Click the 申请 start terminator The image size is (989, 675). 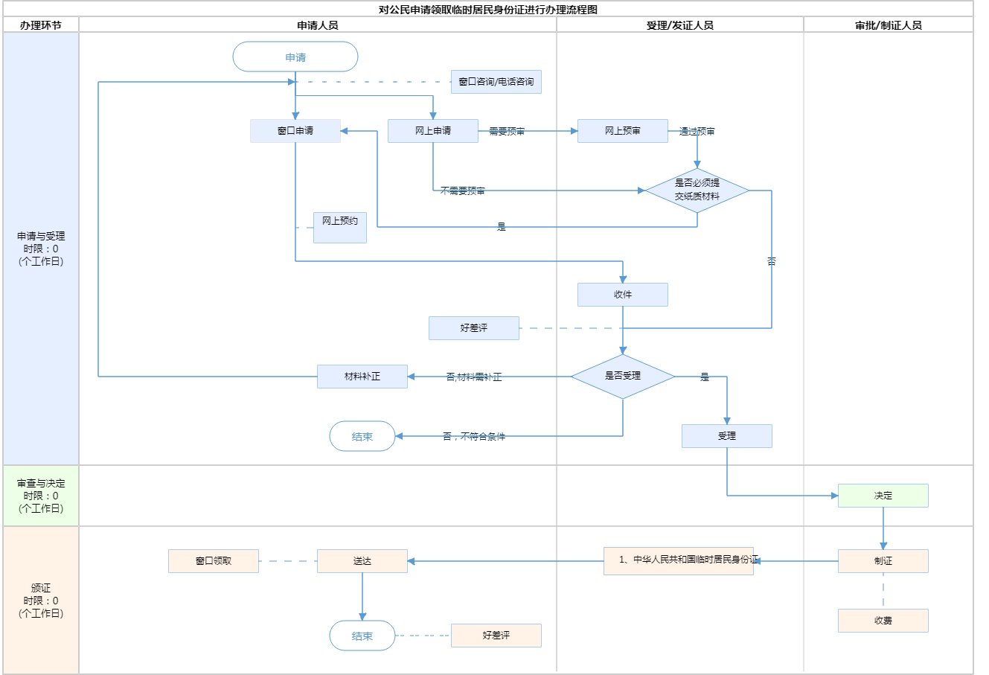(x=295, y=57)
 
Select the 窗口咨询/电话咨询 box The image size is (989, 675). (x=496, y=82)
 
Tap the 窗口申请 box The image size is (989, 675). (x=295, y=131)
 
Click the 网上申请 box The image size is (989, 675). (x=433, y=131)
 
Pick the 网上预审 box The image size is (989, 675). (x=623, y=131)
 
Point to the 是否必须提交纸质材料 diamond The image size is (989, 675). (x=697, y=191)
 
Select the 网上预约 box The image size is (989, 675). (x=340, y=228)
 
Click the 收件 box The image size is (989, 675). (x=623, y=295)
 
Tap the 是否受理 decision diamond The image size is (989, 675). (x=623, y=377)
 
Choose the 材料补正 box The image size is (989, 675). (x=362, y=377)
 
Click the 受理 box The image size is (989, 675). (x=727, y=436)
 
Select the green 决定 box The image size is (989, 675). (x=883, y=496)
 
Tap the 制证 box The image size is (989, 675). (x=883, y=561)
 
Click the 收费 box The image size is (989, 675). (x=883, y=621)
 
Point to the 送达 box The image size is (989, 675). (x=362, y=561)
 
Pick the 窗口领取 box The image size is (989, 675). (x=214, y=561)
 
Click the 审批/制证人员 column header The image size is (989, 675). (x=889, y=25)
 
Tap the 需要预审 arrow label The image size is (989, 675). (x=507, y=132)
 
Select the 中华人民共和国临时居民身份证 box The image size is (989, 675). (x=679, y=560)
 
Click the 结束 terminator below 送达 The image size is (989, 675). (x=362, y=636)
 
